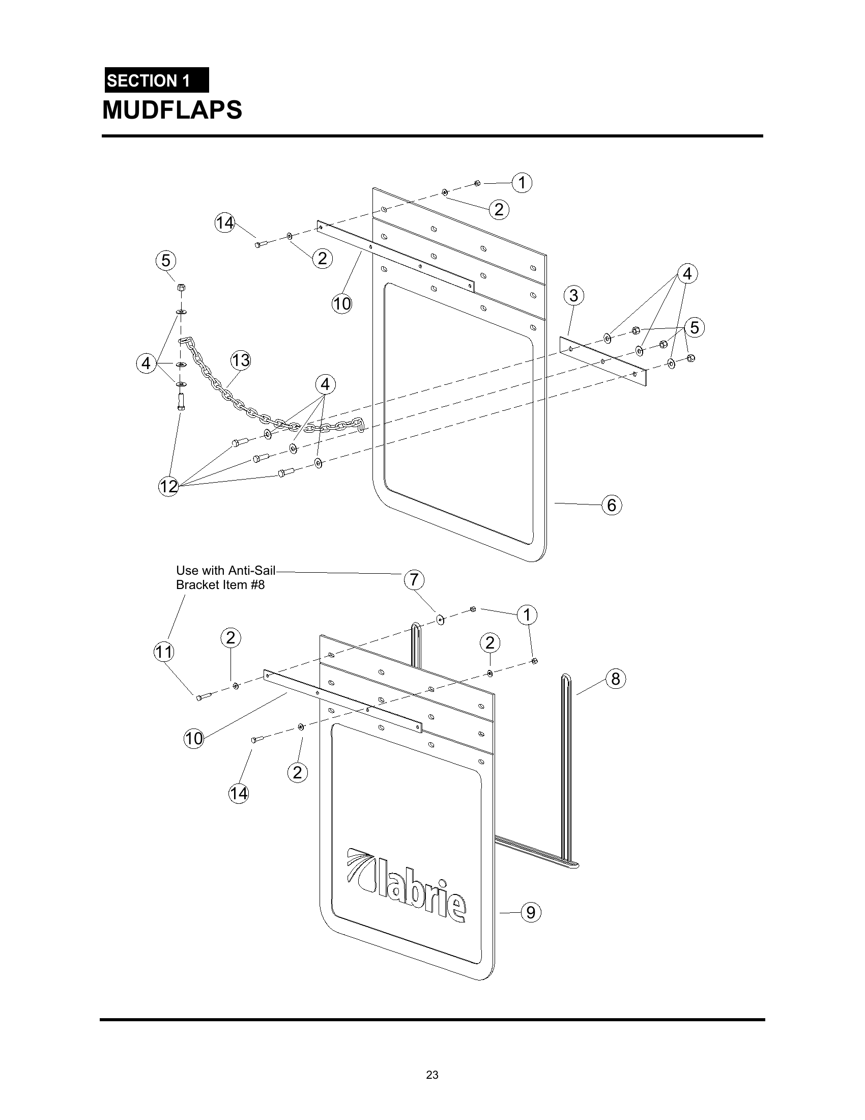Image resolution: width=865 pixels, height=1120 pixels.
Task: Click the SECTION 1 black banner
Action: click(x=156, y=80)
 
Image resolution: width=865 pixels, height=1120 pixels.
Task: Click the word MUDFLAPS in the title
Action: click(x=172, y=110)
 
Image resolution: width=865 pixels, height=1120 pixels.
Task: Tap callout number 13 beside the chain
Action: click(x=240, y=360)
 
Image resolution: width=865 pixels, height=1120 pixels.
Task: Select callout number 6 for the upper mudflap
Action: click(x=611, y=505)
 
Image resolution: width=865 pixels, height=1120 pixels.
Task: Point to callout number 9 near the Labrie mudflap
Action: click(x=531, y=912)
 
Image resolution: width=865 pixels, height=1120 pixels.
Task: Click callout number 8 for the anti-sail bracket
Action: click(x=616, y=679)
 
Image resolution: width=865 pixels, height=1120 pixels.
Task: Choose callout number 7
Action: click(x=414, y=580)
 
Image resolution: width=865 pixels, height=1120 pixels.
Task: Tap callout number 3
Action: click(x=573, y=295)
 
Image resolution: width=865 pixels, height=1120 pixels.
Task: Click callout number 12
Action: click(x=168, y=486)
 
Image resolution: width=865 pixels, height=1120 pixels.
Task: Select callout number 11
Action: click(x=164, y=652)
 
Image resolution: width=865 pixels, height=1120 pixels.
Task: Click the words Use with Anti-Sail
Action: click(x=225, y=570)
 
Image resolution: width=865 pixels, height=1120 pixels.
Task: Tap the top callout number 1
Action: click(x=522, y=183)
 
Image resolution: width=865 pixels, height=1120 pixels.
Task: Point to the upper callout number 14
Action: click(x=224, y=223)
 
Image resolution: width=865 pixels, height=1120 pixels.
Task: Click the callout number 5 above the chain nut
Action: click(x=165, y=261)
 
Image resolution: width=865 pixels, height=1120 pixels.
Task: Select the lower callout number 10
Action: click(x=194, y=739)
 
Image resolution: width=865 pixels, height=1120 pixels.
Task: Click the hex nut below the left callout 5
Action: click(x=181, y=288)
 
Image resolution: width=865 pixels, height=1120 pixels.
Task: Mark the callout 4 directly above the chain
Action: click(x=325, y=384)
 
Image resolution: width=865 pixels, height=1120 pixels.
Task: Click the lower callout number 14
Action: click(x=238, y=793)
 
